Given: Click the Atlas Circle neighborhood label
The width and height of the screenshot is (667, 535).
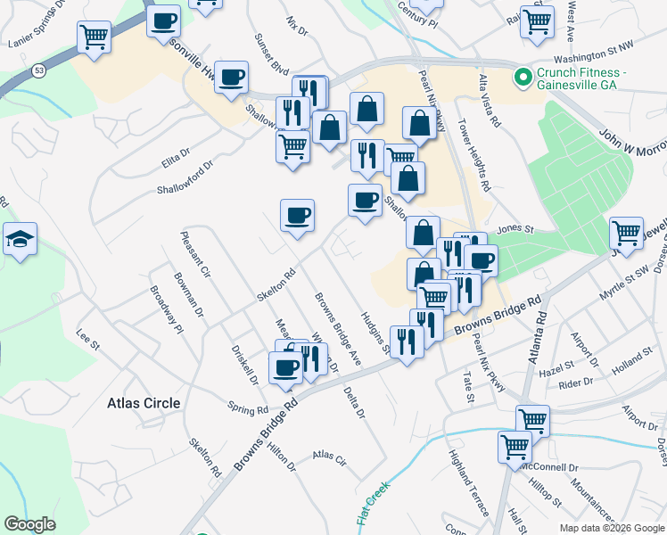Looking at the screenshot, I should point(143,403).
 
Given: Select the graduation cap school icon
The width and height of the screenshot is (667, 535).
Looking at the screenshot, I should point(20,239).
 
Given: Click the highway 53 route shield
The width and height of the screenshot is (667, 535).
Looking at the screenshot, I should point(38,69).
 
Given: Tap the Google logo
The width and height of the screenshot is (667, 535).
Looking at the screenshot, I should point(29,524).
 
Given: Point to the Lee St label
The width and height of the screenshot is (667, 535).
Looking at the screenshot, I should point(86,338).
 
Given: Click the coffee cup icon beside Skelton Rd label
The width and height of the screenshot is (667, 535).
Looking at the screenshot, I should point(297,216).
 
